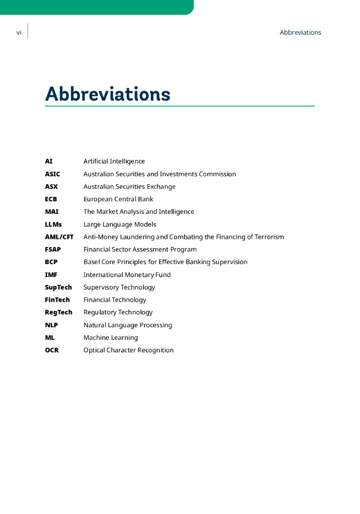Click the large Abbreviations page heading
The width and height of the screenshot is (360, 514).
[107, 94]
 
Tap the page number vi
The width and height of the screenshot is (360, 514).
[19, 33]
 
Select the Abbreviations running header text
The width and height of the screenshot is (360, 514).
[300, 33]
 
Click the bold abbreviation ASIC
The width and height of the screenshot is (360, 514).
[52, 174]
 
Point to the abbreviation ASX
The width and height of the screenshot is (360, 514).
[51, 187]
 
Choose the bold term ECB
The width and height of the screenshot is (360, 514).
[51, 199]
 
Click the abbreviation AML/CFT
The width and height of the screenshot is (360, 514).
[59, 237]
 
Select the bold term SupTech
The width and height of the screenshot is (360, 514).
[58, 288]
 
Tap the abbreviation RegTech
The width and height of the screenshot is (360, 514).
[58, 312]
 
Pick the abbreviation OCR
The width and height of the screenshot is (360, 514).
[52, 350]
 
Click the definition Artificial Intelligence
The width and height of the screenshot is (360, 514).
[114, 162]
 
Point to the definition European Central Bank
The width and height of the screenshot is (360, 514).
[118, 199]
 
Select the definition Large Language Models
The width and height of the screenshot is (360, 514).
[119, 224]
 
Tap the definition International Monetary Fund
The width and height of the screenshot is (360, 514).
[127, 275]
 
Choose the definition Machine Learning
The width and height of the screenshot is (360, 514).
[110, 338]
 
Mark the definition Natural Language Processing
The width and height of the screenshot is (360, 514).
[128, 325]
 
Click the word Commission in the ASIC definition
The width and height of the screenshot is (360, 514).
[217, 174]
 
